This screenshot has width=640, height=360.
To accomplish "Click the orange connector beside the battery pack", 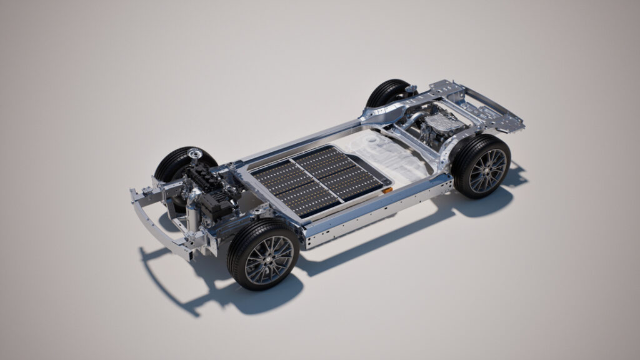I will [x=387, y=187].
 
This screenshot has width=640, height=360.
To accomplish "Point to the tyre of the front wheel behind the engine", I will [x=171, y=164].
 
